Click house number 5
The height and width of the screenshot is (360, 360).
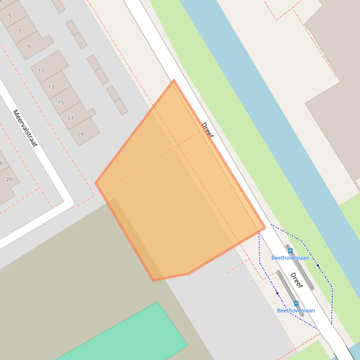[x=10, y=16]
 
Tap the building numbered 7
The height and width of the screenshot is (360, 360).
[x=19, y=31]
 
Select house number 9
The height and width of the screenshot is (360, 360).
[x=29, y=47]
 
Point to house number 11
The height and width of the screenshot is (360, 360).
[x=41, y=71]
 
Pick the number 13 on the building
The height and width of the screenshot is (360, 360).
[x=51, y=87]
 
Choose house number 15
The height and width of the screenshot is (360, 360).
[x=61, y=103]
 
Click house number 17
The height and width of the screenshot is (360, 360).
[x=71, y=118]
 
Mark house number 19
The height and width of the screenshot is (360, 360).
[x=81, y=134]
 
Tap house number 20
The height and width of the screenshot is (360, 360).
[x=9, y=179]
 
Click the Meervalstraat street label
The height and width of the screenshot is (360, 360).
[x=25, y=128]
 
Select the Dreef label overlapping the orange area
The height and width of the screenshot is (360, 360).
[x=207, y=130]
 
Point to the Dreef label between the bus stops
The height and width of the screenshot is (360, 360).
[x=296, y=280]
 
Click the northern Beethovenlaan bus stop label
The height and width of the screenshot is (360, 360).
[x=290, y=258]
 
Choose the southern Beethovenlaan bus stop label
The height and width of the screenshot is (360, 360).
[x=296, y=310]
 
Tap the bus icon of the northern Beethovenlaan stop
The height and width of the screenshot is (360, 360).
[x=290, y=251]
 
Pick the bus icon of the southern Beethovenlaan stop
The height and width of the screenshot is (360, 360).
[x=296, y=303]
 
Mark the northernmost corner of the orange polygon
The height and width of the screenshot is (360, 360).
[x=174, y=80]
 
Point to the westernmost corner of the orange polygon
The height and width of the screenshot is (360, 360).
[x=96, y=183]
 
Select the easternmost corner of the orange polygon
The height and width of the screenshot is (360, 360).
[x=265, y=227]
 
